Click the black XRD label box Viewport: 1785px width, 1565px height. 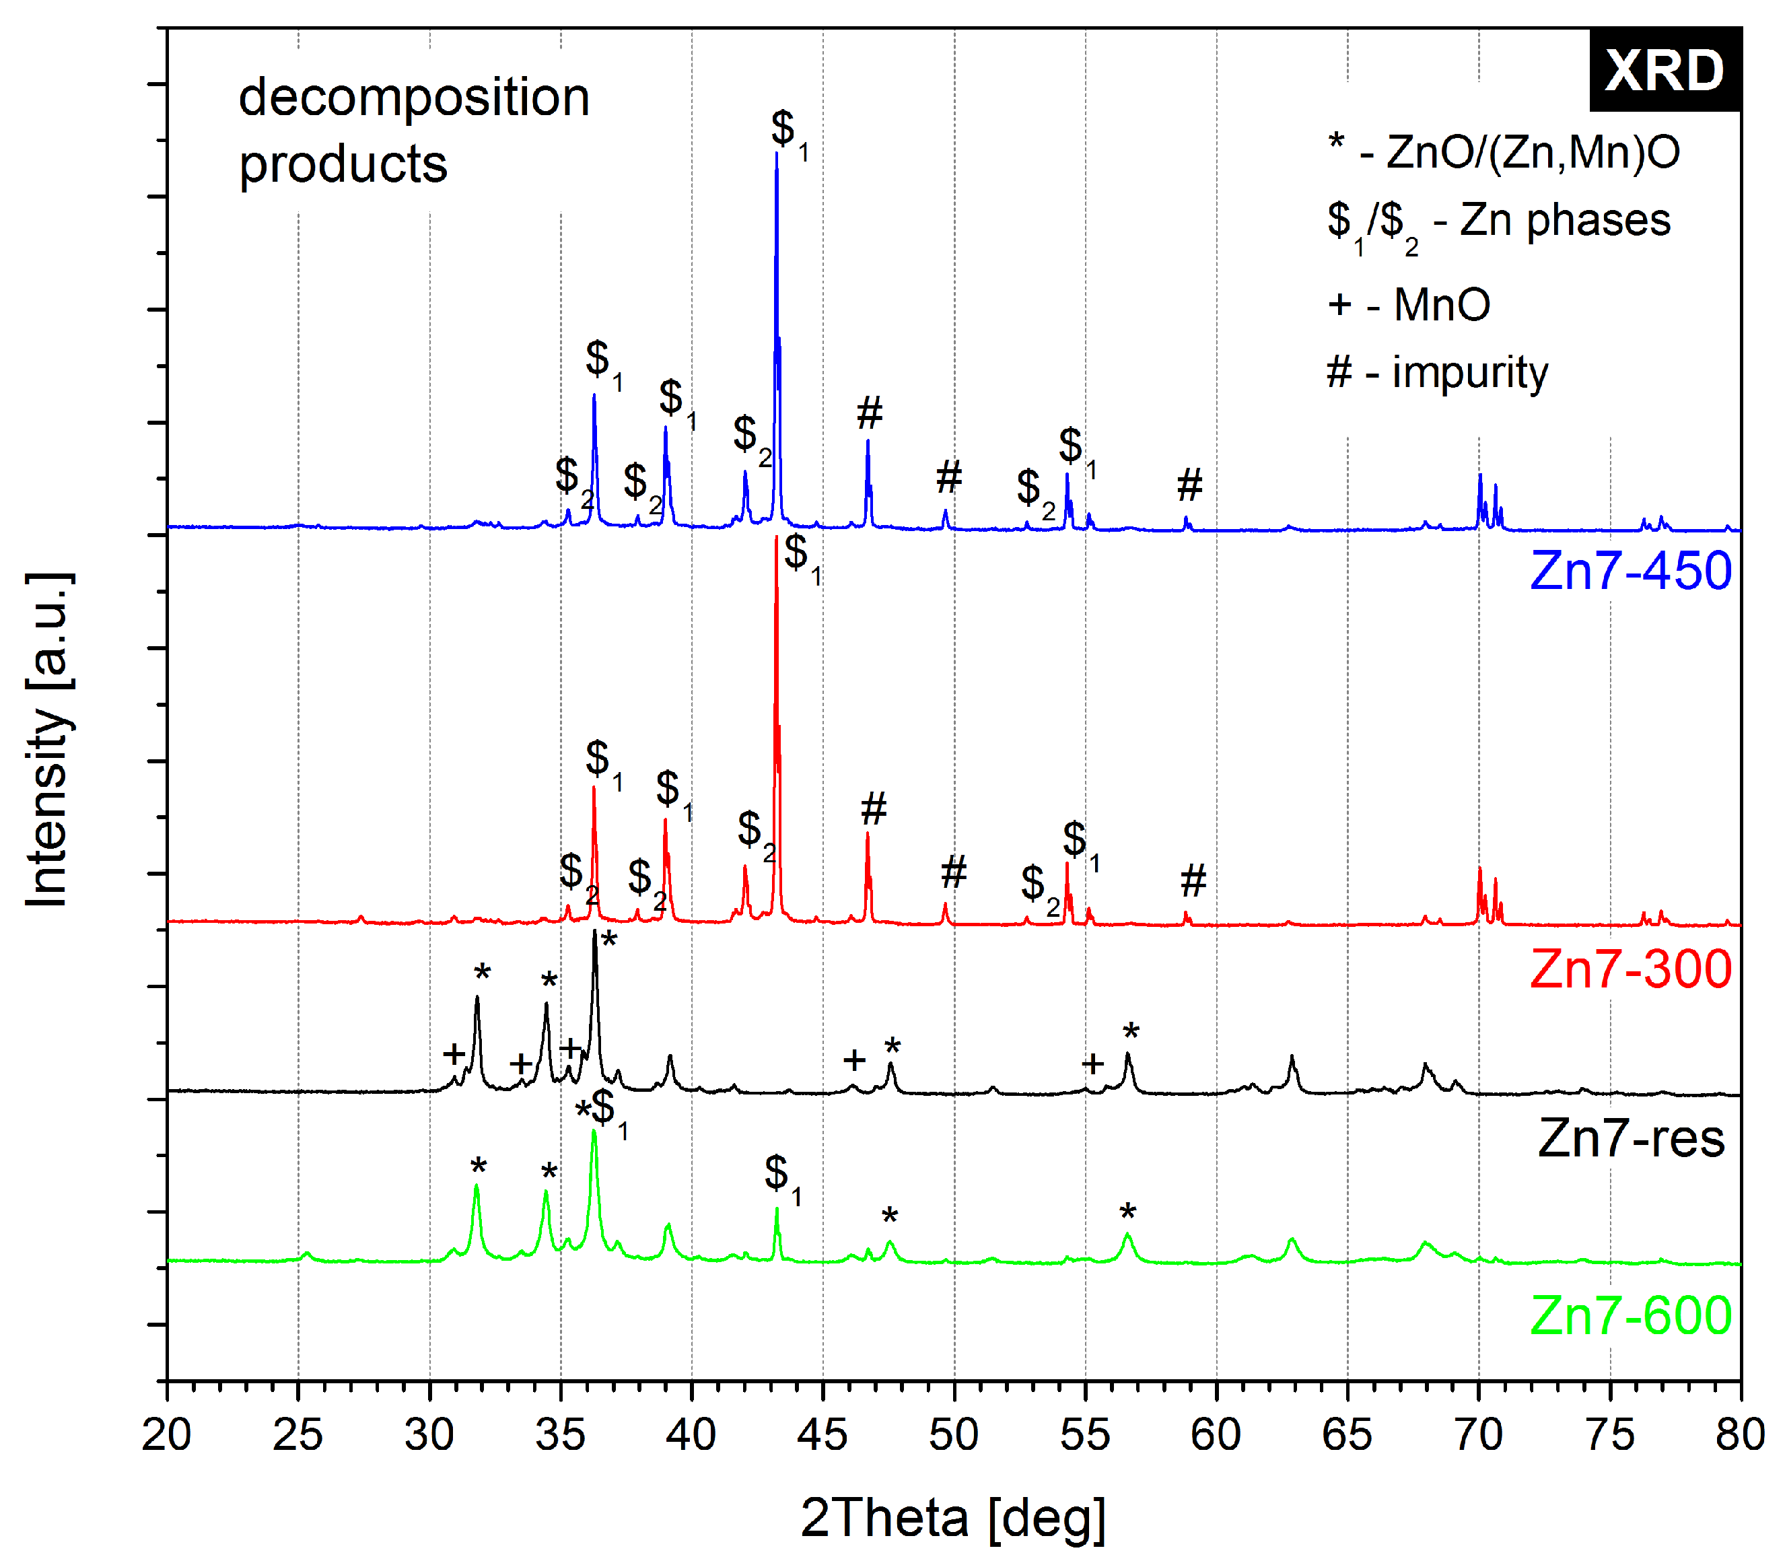pos(1664,70)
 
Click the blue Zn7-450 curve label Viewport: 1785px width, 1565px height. pos(1630,571)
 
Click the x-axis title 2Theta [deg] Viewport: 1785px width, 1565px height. pos(953,1519)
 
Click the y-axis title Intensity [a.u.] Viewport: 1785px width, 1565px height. pos(47,740)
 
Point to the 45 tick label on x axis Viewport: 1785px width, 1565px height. pos(823,1435)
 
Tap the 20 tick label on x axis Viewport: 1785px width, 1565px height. pos(167,1435)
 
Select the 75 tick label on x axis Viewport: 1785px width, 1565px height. pos(1609,1435)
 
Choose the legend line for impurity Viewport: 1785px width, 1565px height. pos(1436,373)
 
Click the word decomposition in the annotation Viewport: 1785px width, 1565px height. pos(414,97)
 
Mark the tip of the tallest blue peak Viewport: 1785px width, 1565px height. pos(776,153)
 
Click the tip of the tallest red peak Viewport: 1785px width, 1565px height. pos(775,537)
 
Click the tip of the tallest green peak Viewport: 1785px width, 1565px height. pos(594,1131)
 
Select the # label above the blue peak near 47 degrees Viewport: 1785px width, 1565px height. pos(869,412)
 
